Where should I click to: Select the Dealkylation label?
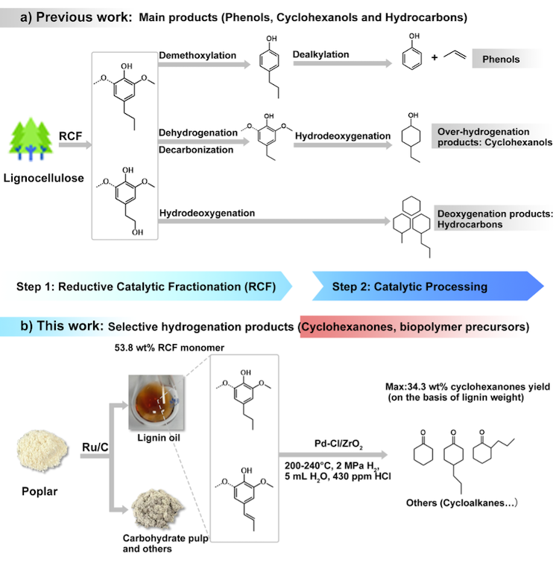click(320, 56)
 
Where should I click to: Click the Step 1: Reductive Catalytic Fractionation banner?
click(148, 287)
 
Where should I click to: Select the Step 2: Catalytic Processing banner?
click(410, 287)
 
